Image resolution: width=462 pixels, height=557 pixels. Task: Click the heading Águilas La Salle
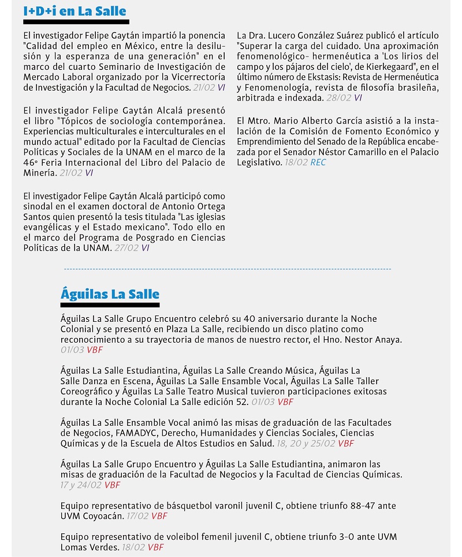(110, 294)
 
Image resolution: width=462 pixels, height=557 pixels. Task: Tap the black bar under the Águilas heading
(110, 305)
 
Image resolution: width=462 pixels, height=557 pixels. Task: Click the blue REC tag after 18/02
(318, 163)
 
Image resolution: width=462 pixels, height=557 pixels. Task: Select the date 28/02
(338, 98)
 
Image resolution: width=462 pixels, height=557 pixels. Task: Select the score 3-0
(326, 537)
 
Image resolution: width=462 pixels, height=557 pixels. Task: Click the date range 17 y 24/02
(81, 485)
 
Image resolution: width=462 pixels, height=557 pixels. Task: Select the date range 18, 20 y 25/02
(306, 443)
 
